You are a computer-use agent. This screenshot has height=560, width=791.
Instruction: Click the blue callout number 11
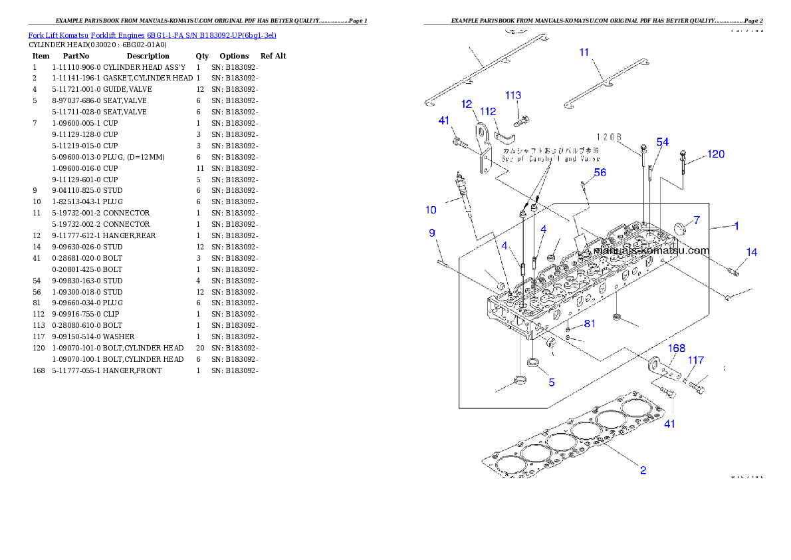(584, 52)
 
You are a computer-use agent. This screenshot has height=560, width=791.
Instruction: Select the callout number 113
(513, 96)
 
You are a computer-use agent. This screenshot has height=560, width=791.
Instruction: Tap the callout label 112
(488, 112)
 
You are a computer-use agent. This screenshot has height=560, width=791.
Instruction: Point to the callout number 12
(467, 104)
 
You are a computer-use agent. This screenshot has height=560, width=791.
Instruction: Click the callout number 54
(663, 142)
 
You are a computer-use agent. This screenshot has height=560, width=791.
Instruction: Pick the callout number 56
(600, 173)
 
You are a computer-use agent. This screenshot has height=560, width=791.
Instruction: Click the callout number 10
(431, 210)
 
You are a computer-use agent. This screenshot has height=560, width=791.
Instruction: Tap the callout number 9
(431, 233)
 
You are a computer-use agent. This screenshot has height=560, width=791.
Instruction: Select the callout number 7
(697, 220)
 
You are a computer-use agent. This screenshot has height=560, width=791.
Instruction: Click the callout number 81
(590, 324)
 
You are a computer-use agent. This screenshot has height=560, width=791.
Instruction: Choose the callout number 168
(677, 349)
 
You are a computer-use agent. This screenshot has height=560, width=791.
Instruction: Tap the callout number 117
(695, 360)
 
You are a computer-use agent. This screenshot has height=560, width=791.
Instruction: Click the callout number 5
(551, 382)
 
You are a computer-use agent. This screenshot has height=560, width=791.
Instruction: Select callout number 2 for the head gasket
(643, 470)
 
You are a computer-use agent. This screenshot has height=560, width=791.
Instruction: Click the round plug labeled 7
(679, 229)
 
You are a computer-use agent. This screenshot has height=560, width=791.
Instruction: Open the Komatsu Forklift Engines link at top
(152, 35)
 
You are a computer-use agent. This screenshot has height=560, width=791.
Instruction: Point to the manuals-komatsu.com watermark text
(651, 251)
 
